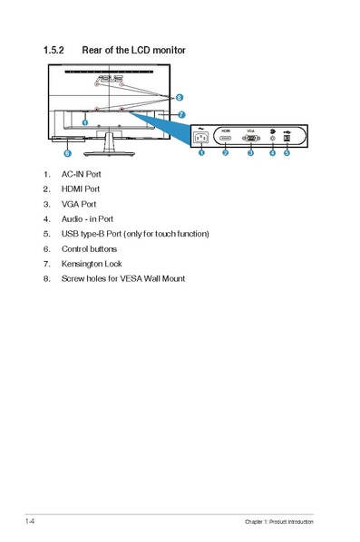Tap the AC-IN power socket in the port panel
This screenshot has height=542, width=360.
[201, 139]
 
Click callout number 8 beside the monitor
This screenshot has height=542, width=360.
[179, 97]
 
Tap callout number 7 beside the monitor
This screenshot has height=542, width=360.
[181, 115]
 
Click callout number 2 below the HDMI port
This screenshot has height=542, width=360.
[225, 153]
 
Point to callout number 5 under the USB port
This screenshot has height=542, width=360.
[287, 153]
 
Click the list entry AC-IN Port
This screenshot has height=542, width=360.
[81, 173]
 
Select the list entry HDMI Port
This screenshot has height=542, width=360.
[81, 189]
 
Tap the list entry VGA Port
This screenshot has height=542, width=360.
[79, 204]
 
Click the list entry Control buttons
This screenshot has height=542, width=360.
[89, 248]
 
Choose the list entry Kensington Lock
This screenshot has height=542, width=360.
[92, 264]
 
